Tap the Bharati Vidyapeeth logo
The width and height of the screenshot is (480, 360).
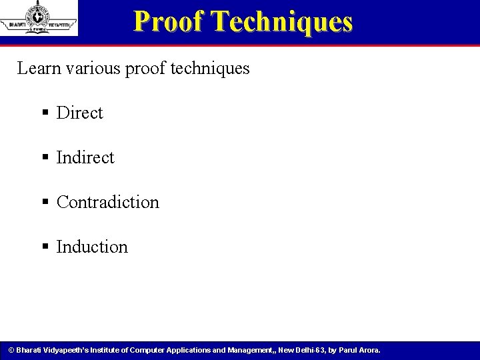click(39, 17)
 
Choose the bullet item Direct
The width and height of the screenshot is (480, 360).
click(80, 113)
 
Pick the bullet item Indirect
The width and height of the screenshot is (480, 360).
click(85, 157)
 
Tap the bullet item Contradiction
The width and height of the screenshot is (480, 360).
click(108, 202)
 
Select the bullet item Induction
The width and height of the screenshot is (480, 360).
click(92, 247)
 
